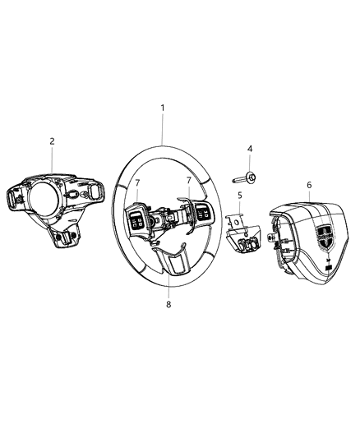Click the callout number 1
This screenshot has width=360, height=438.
click(162, 108)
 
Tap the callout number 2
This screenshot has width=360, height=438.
click(51, 141)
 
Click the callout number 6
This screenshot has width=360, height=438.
click(308, 186)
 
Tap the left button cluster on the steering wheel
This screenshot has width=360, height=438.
click(136, 219)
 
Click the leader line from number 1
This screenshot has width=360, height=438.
click(162, 130)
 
